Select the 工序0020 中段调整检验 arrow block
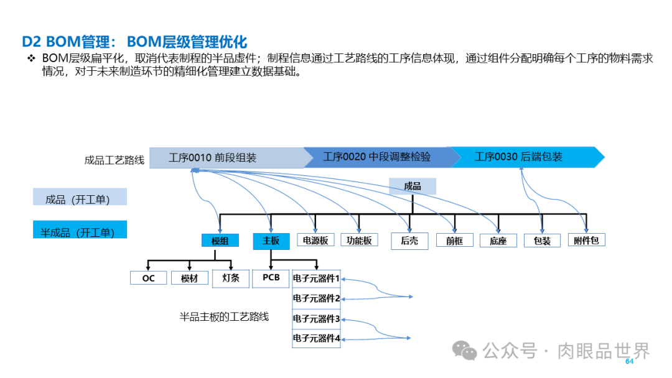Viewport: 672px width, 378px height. pyautogui.click(x=376, y=157)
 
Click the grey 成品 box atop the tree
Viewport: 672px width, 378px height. pyautogui.click(x=412, y=187)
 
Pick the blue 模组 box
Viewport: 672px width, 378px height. pyautogui.click(x=220, y=241)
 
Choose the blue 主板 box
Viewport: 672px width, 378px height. pyautogui.click(x=271, y=241)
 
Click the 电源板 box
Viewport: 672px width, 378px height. pyautogui.click(x=315, y=240)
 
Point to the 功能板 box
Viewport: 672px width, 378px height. pyautogui.click(x=359, y=240)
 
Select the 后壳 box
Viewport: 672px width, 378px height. pyautogui.click(x=409, y=241)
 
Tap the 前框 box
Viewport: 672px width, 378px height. pyautogui.click(x=454, y=241)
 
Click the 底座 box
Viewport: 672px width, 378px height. pyautogui.click(x=498, y=241)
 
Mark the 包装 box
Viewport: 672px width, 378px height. pyautogui.click(x=542, y=241)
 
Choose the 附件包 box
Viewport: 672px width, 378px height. pyautogui.click(x=586, y=240)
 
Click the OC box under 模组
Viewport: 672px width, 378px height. pyautogui.click(x=148, y=278)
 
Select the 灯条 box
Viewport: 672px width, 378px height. pyautogui.click(x=230, y=278)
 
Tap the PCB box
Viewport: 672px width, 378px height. pyautogui.click(x=271, y=278)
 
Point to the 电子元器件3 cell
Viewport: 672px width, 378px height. pyautogui.click(x=316, y=319)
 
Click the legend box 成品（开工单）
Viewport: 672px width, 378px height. pyautogui.click(x=80, y=200)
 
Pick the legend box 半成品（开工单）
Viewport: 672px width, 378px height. pyautogui.click(x=80, y=232)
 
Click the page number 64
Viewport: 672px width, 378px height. pyautogui.click(x=628, y=362)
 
